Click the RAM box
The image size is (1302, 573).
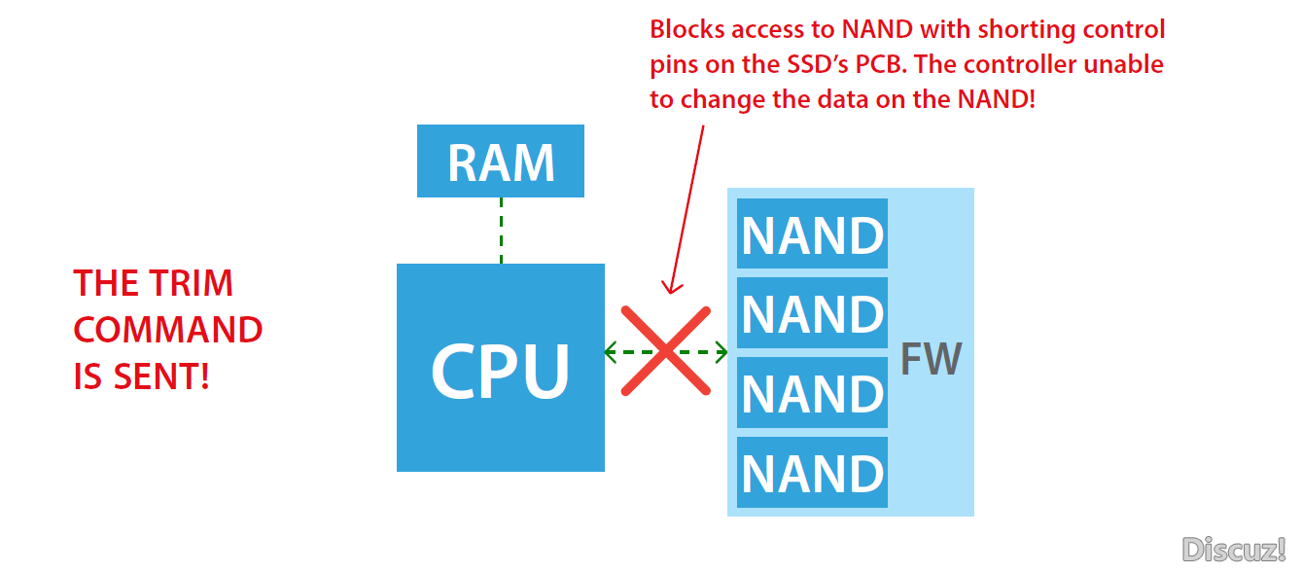point(501,161)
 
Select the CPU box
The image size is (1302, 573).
point(501,368)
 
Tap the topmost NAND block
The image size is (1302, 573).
point(812,233)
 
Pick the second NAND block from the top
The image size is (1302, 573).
point(812,313)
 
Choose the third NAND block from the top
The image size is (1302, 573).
point(812,393)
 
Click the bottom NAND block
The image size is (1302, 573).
point(812,473)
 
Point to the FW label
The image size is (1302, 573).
point(932,360)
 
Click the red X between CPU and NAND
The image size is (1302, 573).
point(666,351)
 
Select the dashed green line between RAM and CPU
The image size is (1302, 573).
point(501,231)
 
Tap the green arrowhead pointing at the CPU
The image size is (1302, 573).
point(611,352)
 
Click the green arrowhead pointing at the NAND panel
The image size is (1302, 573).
point(721,352)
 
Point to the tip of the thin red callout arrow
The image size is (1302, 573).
point(671,293)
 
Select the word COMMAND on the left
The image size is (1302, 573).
point(168,330)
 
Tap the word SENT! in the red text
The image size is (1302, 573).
point(161,376)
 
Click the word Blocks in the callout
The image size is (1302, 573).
point(687,29)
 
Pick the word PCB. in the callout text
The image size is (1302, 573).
point(881,64)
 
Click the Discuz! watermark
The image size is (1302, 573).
point(1233,549)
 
